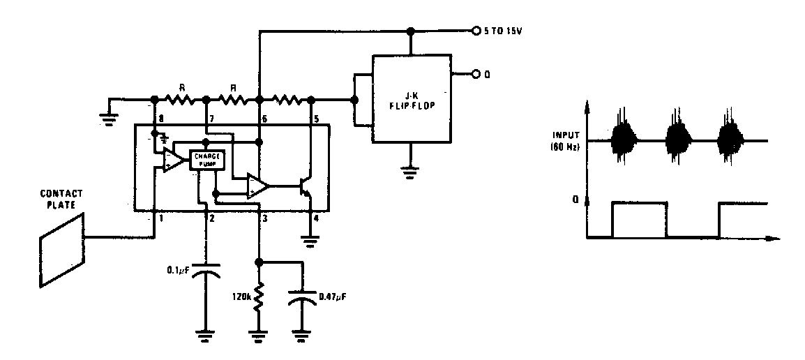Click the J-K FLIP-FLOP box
(412, 98)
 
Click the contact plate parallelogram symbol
(61, 249)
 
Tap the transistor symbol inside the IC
(305, 186)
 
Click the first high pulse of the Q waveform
(638, 203)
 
